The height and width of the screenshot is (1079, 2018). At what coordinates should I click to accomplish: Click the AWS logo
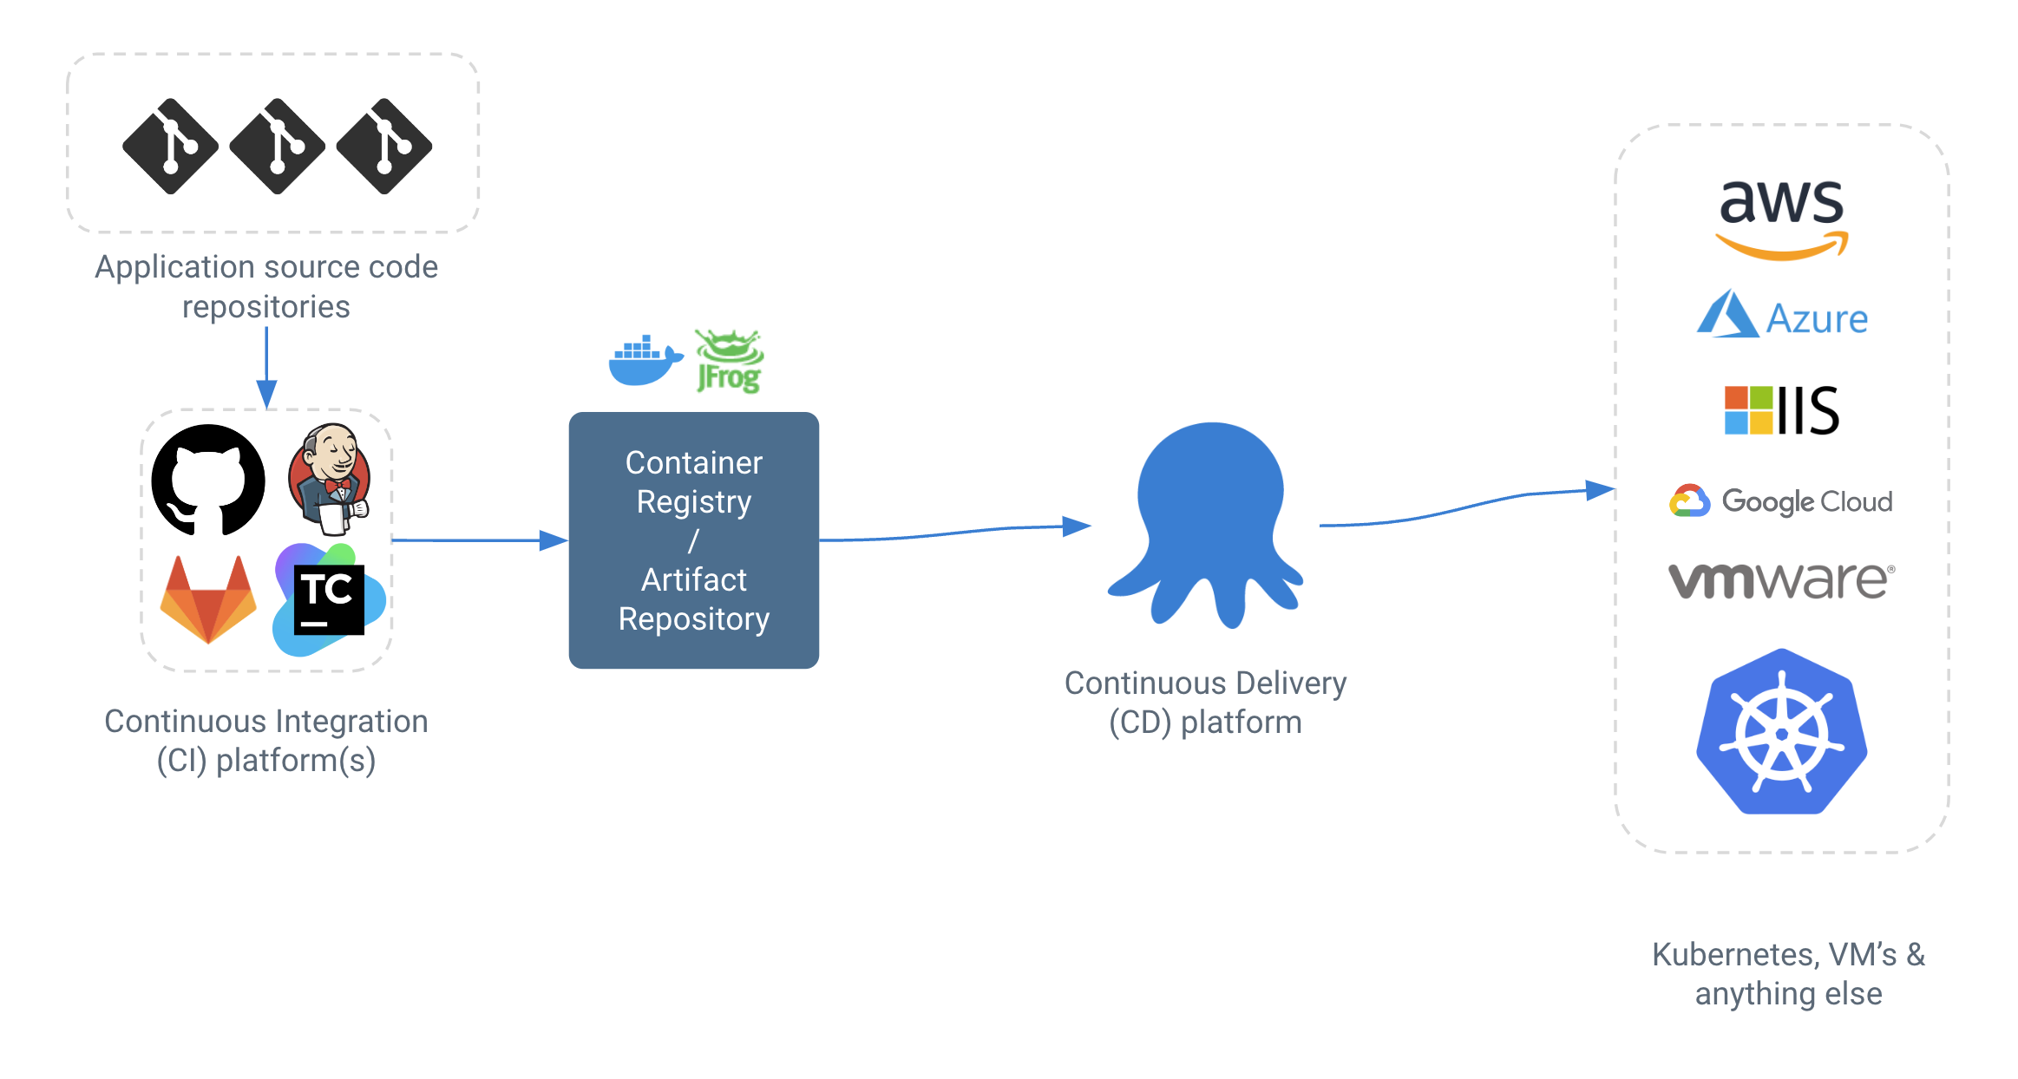1781,217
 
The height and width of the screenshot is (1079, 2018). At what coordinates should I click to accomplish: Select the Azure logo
1782,316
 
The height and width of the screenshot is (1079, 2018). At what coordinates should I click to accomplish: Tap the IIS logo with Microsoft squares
1781,410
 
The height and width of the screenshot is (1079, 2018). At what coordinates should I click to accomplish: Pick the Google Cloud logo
1781,500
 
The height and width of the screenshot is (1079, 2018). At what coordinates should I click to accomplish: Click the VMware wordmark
1781,579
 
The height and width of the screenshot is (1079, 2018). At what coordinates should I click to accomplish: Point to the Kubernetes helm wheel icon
1781,733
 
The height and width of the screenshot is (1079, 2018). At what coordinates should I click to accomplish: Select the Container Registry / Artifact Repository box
693,539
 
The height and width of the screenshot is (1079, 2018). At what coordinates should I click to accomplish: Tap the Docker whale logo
644,360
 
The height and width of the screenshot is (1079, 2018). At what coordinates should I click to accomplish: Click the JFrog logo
730,362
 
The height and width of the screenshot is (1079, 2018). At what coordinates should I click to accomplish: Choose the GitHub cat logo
208,480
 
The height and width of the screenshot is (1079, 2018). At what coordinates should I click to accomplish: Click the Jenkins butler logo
331,478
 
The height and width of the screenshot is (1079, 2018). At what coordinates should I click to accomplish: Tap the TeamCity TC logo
329,599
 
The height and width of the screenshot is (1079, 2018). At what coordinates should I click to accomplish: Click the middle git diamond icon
277,146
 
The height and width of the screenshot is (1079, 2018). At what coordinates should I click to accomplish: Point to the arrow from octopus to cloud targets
1466,507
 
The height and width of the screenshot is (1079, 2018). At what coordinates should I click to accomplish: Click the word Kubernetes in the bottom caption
1732,954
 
